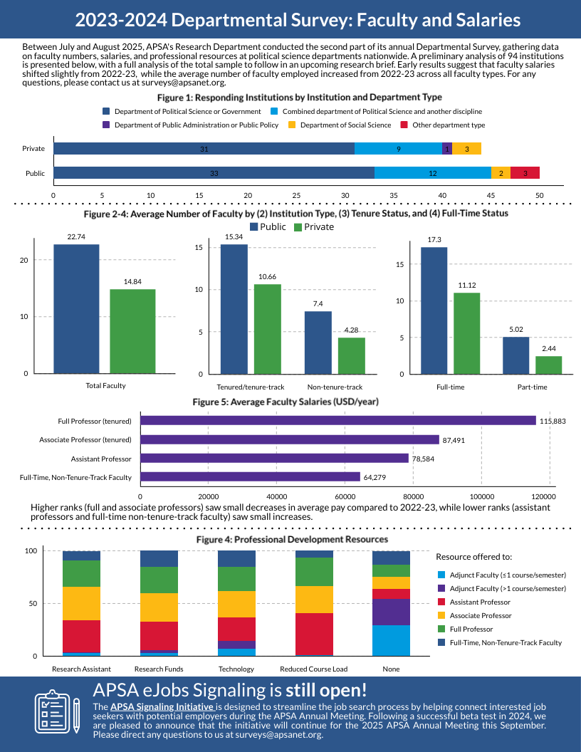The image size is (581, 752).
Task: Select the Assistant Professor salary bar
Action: point(275,459)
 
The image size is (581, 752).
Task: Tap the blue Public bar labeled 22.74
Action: point(76,308)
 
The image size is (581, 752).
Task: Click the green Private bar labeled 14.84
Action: point(132,331)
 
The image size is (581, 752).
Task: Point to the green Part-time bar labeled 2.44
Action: point(548,365)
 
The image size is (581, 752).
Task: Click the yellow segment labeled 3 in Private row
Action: point(466,149)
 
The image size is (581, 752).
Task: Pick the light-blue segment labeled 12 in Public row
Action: point(432,173)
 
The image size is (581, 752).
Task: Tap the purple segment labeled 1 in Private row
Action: point(447,149)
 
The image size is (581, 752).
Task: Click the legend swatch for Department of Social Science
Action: point(292,125)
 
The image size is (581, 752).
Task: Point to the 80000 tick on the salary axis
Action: point(413,496)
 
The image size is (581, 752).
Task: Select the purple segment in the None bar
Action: point(391,612)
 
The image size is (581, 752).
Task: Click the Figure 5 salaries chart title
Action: point(286,402)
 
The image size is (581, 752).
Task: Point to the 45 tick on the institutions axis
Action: point(491,194)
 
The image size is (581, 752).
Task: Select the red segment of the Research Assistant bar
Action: point(81,636)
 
